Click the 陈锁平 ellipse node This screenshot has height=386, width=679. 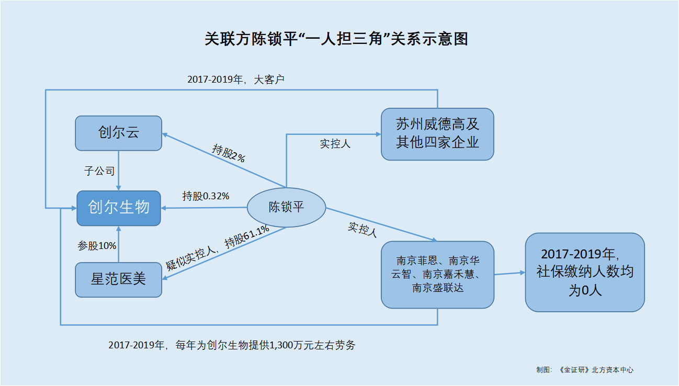tap(286, 207)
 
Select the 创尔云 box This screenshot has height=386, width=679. tap(118, 133)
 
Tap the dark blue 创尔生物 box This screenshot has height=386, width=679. tap(118, 208)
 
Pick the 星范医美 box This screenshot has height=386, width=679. tap(118, 279)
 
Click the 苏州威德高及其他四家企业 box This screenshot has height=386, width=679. tap(437, 134)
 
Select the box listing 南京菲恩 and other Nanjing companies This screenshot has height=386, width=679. tap(437, 274)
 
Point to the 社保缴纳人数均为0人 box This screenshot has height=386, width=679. tap(585, 272)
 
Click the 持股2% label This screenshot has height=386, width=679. tap(229, 153)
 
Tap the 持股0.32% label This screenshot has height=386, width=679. tap(206, 196)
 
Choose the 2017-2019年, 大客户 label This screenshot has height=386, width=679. tap(235, 80)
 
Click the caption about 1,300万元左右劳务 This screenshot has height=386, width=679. tap(232, 345)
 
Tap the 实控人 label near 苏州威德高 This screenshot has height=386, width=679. tap(335, 144)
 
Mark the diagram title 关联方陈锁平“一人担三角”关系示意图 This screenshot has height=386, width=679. tap(336, 39)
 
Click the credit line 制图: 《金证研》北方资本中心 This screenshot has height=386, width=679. tap(584, 369)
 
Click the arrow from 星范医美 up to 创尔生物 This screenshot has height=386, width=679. tap(119, 244)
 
